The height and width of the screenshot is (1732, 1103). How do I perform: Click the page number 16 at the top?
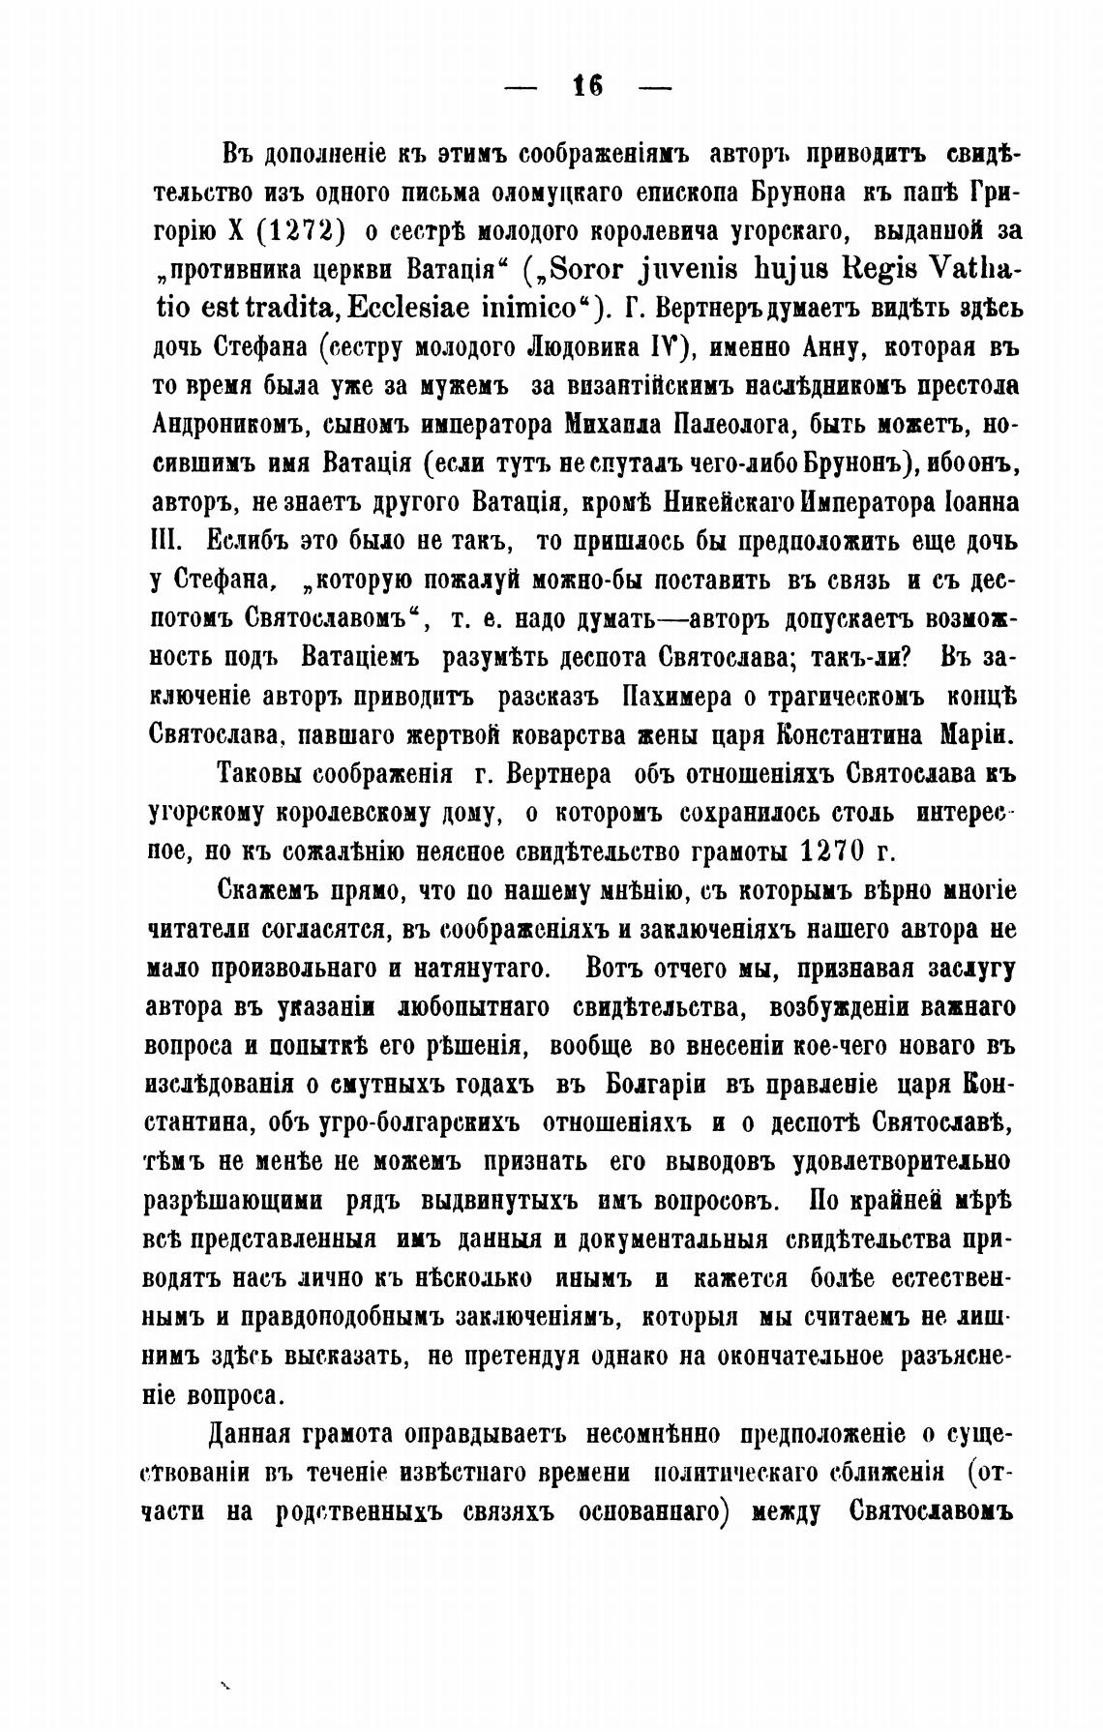click(x=587, y=87)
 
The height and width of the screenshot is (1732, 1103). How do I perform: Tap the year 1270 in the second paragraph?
click(x=832, y=851)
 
